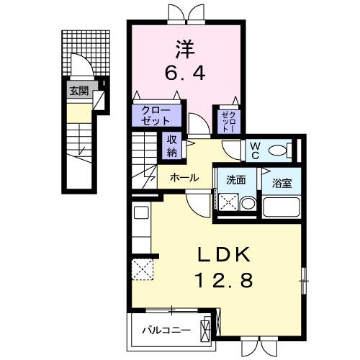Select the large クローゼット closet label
(x=151, y=115)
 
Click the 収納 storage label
(x=173, y=146)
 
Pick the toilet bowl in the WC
(x=289, y=150)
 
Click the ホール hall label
(x=184, y=176)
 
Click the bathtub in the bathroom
(x=280, y=207)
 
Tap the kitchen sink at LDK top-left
(x=140, y=214)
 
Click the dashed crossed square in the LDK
(x=141, y=270)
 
